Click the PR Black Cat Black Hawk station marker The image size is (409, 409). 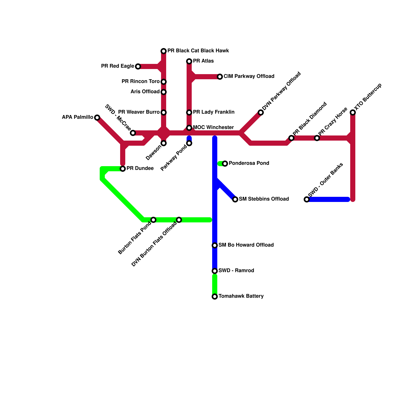(x=164, y=51)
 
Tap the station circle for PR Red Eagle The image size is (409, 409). (x=138, y=66)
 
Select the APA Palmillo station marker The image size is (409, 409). (x=97, y=118)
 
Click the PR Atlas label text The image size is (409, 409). (x=203, y=61)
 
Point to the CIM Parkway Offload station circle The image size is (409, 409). (x=220, y=77)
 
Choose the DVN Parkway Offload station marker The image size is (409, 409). (x=261, y=112)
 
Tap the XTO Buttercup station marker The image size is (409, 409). (x=353, y=112)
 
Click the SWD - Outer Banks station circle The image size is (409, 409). (x=307, y=199)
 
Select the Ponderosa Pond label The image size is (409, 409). (x=249, y=163)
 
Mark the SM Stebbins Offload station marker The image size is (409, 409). (x=235, y=199)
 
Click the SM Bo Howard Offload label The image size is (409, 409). (x=246, y=245)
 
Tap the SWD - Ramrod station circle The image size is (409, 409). (x=215, y=271)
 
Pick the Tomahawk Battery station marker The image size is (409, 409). (x=215, y=297)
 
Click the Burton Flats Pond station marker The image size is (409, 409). (x=153, y=220)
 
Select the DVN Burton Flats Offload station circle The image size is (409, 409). (x=179, y=220)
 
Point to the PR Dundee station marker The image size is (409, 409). (x=123, y=169)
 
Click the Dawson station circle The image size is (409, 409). (x=164, y=143)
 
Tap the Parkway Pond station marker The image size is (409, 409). (x=189, y=143)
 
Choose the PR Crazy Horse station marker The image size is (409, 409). (x=317, y=138)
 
